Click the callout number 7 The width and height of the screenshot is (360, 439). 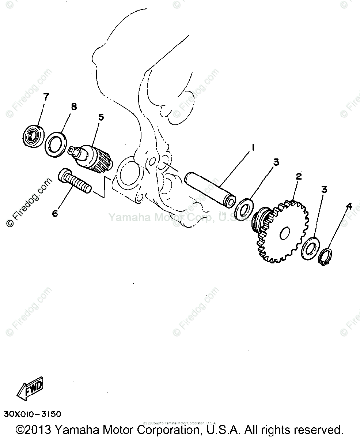pos(46,97)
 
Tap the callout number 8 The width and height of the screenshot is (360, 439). pos(74,107)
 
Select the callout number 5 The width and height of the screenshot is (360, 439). pos(101,117)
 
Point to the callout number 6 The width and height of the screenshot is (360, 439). pos(55,213)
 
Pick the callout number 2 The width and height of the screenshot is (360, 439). pos(299,176)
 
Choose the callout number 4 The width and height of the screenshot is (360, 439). pos(349,206)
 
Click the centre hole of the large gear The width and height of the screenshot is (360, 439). pos(285,232)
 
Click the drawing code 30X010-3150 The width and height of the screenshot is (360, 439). pos(33,414)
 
